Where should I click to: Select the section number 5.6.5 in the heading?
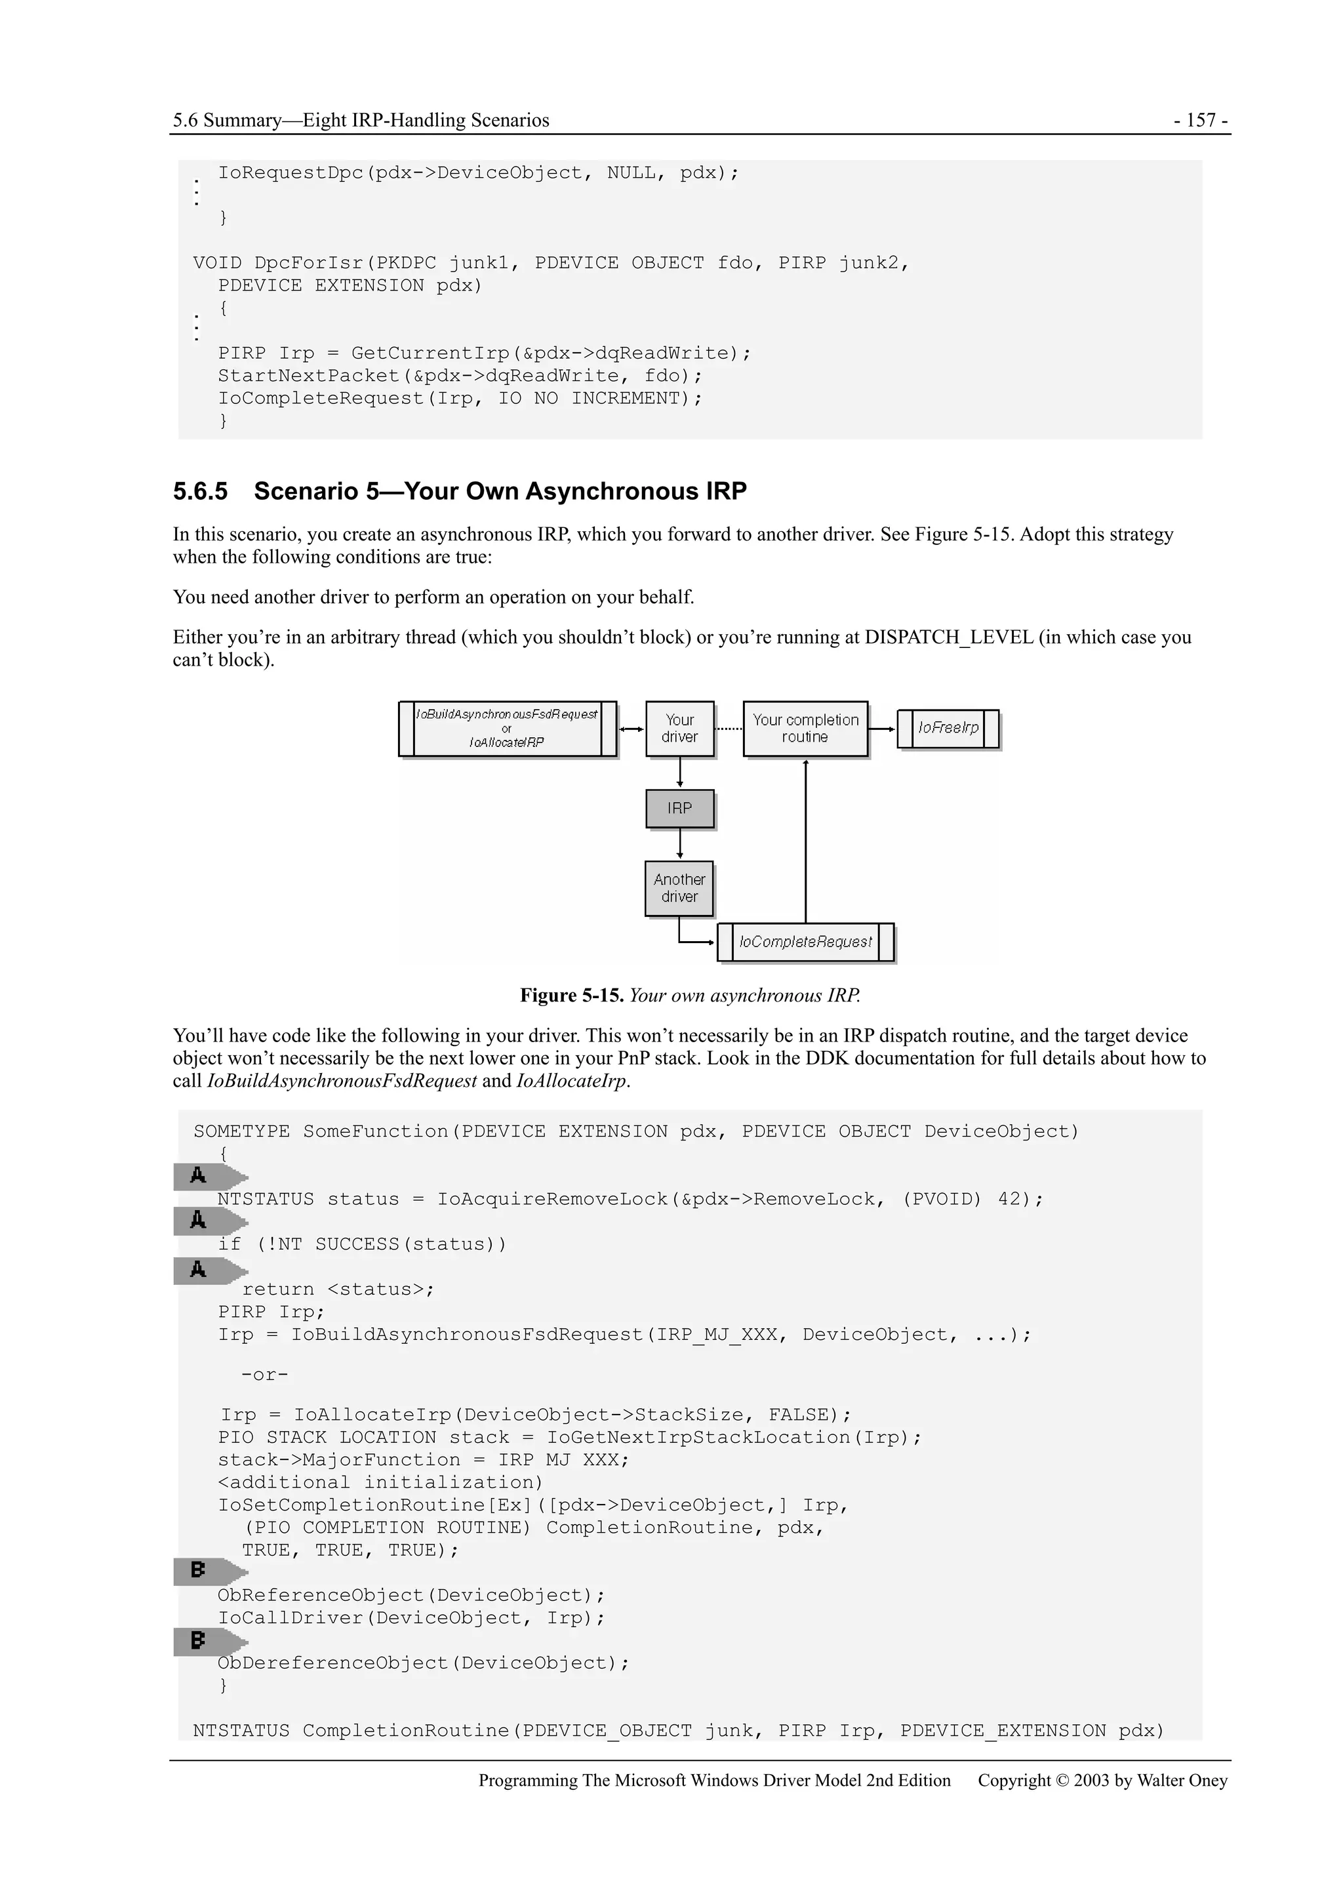point(199,491)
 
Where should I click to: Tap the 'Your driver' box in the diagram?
point(679,728)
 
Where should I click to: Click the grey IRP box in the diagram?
point(679,809)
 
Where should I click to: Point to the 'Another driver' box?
point(679,888)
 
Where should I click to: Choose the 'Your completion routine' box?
point(805,728)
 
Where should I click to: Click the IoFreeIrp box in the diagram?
point(948,728)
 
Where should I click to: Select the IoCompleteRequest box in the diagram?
point(805,942)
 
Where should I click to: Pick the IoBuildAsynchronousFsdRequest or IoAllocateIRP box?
point(508,728)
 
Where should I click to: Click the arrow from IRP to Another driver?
point(680,844)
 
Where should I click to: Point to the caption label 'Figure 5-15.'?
point(571,996)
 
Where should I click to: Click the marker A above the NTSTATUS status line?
point(199,1176)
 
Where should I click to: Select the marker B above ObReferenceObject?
point(199,1570)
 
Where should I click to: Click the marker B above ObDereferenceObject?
point(199,1640)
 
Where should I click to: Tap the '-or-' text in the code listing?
point(265,1375)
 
